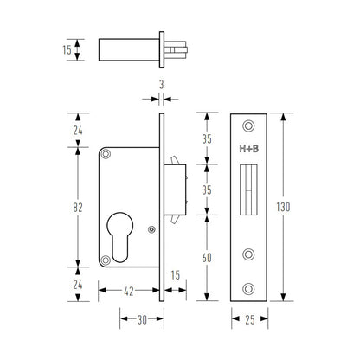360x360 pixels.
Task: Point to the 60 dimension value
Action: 208,257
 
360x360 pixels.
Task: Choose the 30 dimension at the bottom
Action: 141,319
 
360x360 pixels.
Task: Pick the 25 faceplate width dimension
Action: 249,319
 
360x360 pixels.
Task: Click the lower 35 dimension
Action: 208,190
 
